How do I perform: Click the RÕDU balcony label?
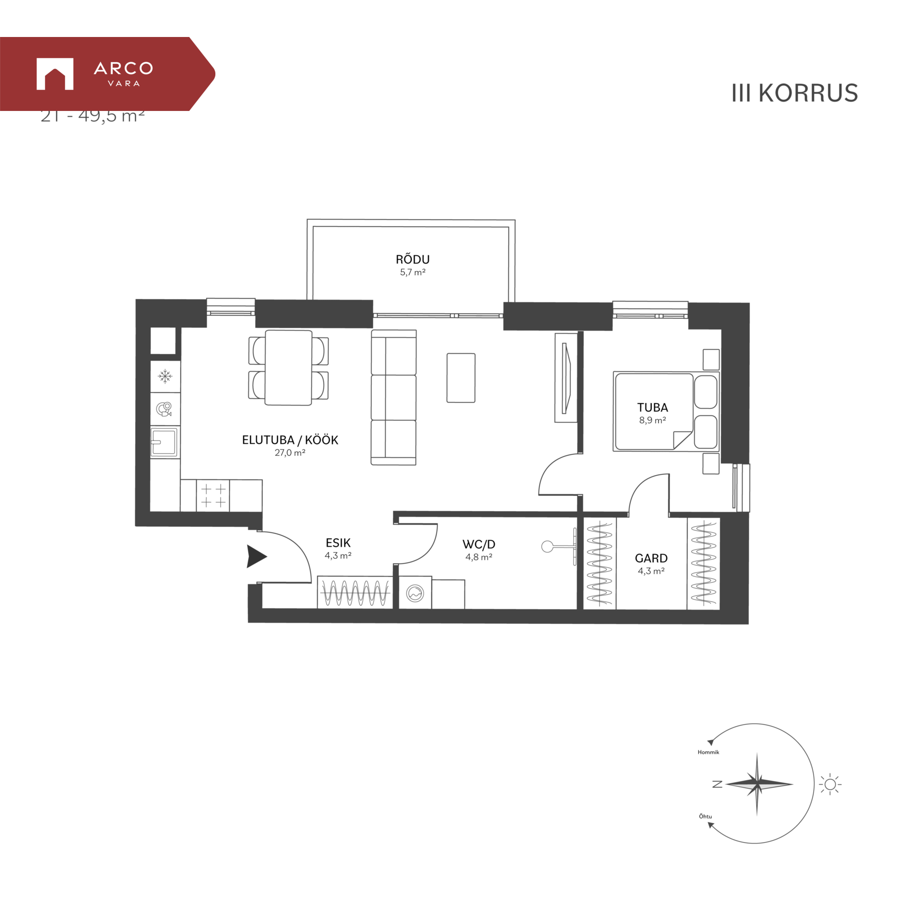click(x=412, y=259)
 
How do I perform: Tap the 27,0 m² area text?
click(x=290, y=453)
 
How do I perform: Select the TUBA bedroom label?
click(x=652, y=407)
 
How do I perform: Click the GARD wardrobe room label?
click(x=651, y=558)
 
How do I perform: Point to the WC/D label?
click(x=479, y=544)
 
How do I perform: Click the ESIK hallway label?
click(x=338, y=543)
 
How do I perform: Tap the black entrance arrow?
click(x=256, y=556)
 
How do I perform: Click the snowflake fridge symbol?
click(x=165, y=376)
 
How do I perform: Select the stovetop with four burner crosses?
click(x=213, y=496)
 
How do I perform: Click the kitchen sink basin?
click(x=163, y=442)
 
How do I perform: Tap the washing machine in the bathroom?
click(x=415, y=594)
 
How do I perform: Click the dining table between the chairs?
click(x=288, y=368)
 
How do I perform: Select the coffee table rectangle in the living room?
click(x=461, y=378)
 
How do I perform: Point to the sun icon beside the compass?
click(x=830, y=784)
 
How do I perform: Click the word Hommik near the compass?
click(x=708, y=752)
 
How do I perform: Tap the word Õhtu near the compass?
click(x=705, y=816)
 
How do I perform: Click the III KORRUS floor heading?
click(x=794, y=93)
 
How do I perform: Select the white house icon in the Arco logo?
click(x=55, y=74)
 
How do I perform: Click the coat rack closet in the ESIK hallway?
click(x=355, y=593)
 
